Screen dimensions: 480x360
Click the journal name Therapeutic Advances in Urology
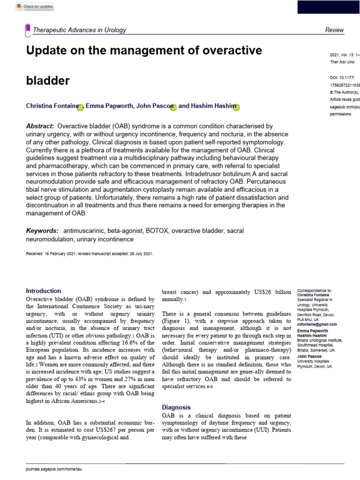pyautogui.click(x=79, y=30)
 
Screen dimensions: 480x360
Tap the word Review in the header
pyautogui.click(x=334, y=30)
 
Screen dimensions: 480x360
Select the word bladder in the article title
pyautogui.click(x=47, y=80)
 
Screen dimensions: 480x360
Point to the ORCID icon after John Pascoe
pyautogui.click(x=173, y=107)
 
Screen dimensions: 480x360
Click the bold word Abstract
pyautogui.click(x=39, y=127)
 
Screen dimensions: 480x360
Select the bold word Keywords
pyautogui.click(x=42, y=231)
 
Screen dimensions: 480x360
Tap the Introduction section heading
pyautogui.click(x=43, y=291)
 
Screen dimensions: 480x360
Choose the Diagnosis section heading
pyautogui.click(x=176, y=407)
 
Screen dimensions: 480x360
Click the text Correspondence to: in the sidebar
pyautogui.click(x=315, y=291)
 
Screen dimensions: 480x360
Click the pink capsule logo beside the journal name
pyautogui.click(x=28, y=30)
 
